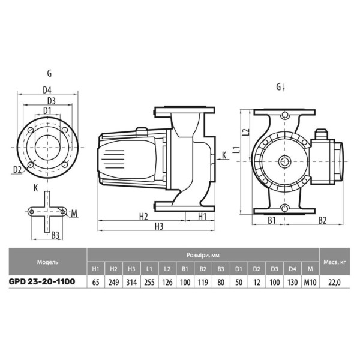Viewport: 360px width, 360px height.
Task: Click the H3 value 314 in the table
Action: [x=131, y=282]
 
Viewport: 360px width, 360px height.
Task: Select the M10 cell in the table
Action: [x=310, y=282]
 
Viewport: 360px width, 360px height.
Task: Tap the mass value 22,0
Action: [x=335, y=283]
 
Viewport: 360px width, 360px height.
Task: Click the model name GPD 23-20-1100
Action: [x=42, y=281]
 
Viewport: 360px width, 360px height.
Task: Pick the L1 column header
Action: [x=149, y=269]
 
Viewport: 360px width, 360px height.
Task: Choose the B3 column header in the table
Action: [x=221, y=269]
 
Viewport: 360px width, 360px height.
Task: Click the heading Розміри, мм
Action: [x=203, y=256]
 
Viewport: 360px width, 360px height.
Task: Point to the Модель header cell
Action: [x=48, y=262]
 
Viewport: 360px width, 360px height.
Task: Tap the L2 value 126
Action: [x=167, y=282]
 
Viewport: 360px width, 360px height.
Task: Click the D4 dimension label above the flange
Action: [x=47, y=90]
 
